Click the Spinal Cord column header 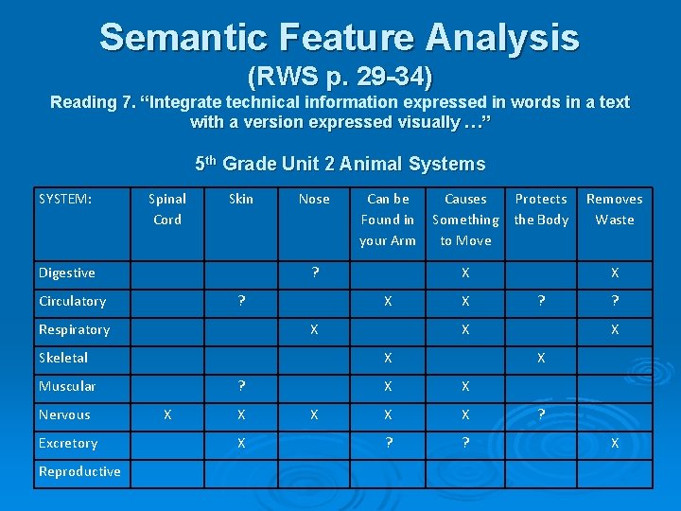tap(167, 209)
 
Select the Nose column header tap(314, 199)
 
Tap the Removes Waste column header tap(614, 209)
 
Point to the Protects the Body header tap(541, 209)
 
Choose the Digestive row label tap(66, 273)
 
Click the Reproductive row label tap(79, 471)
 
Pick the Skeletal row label tap(63, 358)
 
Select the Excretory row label tap(68, 443)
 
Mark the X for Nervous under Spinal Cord tap(167, 414)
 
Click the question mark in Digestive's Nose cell tap(315, 273)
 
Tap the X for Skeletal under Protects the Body tap(541, 358)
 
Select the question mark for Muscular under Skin tap(242, 386)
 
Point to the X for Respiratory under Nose tap(314, 329)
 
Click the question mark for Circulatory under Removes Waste tap(615, 301)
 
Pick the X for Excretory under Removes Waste tap(615, 443)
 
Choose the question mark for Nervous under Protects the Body tap(541, 414)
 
